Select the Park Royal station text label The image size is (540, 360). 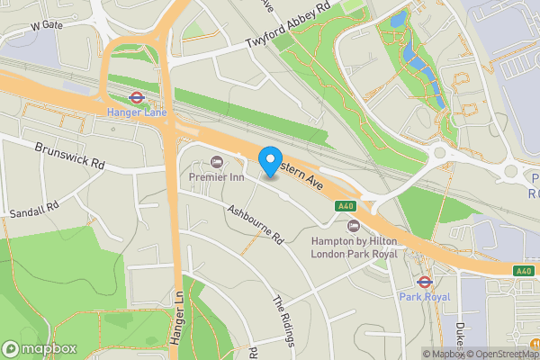(423, 295)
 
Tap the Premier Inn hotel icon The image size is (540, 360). (216, 162)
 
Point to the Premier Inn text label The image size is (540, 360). (216, 178)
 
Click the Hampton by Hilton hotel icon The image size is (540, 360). (353, 226)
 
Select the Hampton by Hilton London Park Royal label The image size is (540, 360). (353, 248)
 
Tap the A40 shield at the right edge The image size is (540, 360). (524, 270)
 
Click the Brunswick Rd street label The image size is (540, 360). (70, 156)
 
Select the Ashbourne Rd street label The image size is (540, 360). (256, 225)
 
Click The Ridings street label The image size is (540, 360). (284, 319)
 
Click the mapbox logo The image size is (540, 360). (40, 348)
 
